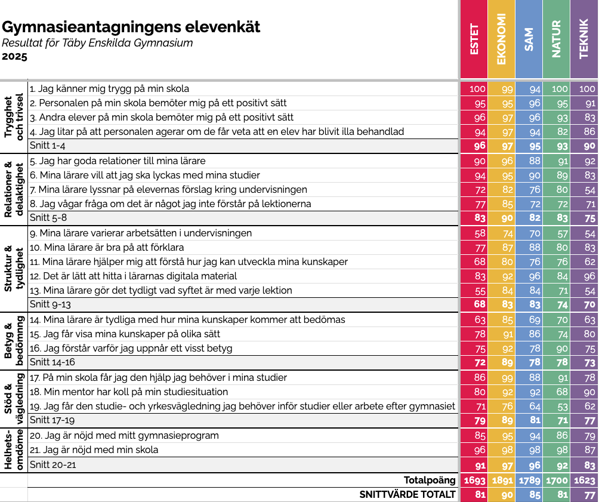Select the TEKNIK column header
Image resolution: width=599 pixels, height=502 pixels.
[x=585, y=39]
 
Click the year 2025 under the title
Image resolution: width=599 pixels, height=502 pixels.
[x=15, y=57]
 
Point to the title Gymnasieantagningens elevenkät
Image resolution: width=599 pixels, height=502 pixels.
[x=131, y=27]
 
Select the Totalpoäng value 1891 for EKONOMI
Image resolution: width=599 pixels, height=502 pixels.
[x=502, y=481]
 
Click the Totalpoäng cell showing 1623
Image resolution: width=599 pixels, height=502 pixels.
[x=585, y=481]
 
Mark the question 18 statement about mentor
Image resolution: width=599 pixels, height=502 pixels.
[x=129, y=392]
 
